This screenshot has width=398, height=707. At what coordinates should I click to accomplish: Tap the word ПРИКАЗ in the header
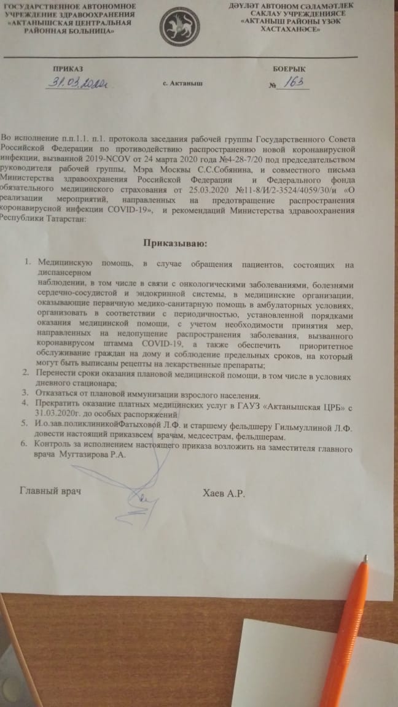click(x=68, y=70)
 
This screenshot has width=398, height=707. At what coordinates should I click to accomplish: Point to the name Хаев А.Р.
click(x=223, y=492)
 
